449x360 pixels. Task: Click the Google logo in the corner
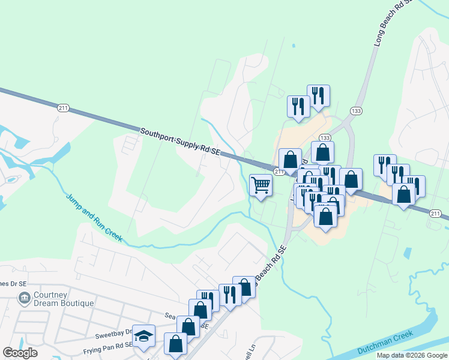coord(20,353)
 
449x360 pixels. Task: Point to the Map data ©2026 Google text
coord(411,355)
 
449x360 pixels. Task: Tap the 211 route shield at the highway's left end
coord(64,108)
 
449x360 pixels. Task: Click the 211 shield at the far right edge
coord(436,214)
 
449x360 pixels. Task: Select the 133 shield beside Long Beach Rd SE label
coord(356,111)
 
